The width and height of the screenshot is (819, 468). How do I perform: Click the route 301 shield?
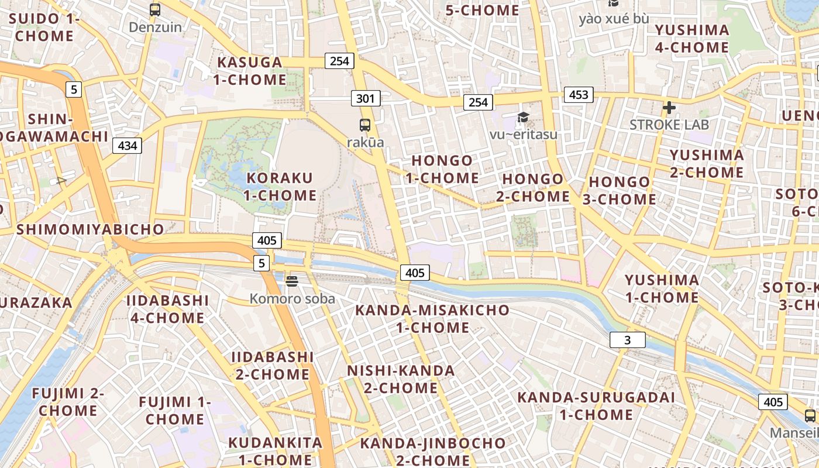366,98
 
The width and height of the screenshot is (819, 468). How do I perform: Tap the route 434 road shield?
128,146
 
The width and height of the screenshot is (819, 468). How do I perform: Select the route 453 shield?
579,95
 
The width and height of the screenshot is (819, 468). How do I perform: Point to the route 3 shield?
627,340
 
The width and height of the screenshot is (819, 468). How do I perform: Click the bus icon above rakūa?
365,125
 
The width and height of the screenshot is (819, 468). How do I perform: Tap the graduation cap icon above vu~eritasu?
523,118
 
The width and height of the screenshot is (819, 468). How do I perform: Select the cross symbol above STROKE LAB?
669,108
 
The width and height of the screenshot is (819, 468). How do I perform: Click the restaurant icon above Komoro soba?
292,282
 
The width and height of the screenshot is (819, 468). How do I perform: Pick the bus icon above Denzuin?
155,10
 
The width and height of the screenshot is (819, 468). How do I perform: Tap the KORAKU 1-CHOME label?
280,187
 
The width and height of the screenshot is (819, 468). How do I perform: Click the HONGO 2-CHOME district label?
533,188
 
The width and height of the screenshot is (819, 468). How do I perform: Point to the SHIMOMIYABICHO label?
90,229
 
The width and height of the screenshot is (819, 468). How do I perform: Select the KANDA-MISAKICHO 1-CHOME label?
432,319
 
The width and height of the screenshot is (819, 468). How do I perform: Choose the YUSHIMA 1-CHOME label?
662,289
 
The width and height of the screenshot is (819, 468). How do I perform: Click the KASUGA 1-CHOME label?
250,71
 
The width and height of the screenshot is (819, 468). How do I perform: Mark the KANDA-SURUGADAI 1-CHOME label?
596,406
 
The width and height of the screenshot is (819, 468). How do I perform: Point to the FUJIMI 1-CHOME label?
175,411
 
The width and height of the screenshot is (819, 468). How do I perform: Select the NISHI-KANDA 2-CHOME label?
401,379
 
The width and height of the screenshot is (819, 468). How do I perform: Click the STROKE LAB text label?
669,125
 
